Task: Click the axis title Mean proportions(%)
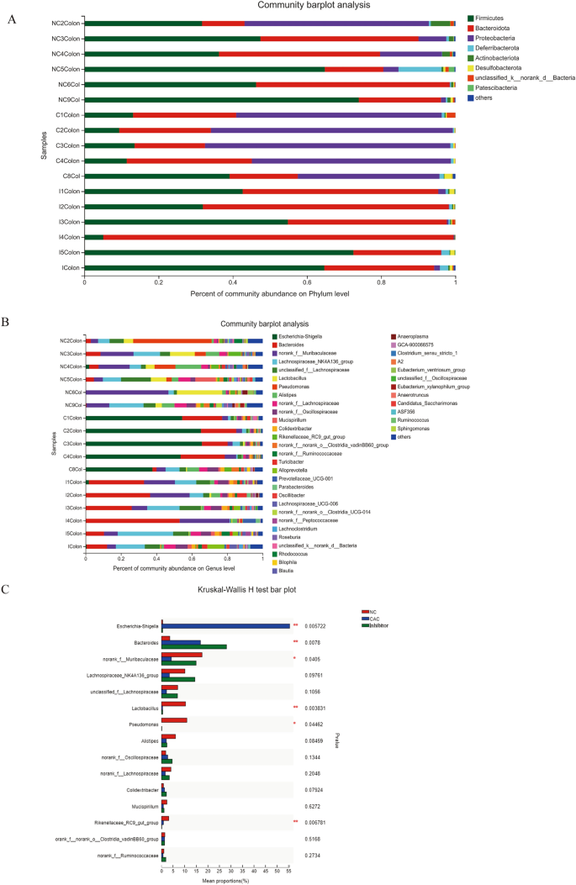(x=225, y=881)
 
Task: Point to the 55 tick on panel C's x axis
(x=289, y=872)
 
